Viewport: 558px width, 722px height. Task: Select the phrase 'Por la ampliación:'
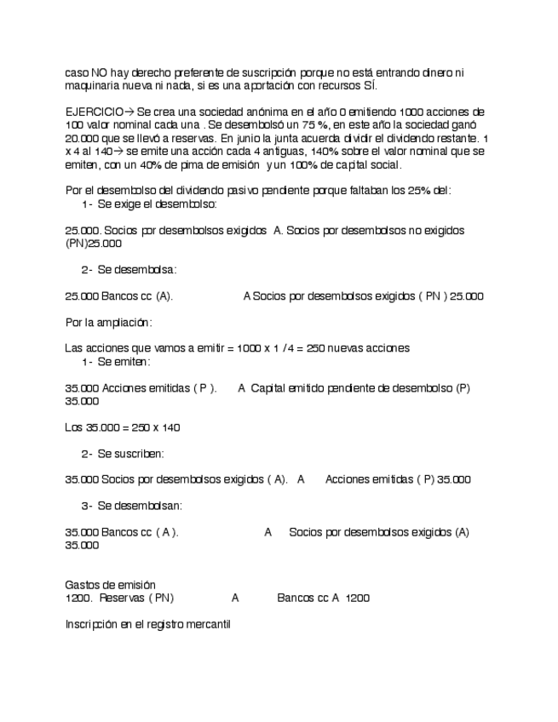coord(109,323)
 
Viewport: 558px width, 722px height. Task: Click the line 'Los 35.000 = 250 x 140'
coord(122,427)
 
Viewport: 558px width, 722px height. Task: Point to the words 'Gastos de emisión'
coord(110,585)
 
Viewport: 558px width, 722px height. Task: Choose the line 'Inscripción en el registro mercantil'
coord(147,624)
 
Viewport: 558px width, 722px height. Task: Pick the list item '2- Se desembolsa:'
coord(129,270)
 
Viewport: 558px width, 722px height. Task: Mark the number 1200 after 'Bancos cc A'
coord(358,599)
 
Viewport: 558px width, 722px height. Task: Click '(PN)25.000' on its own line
coord(87,244)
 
